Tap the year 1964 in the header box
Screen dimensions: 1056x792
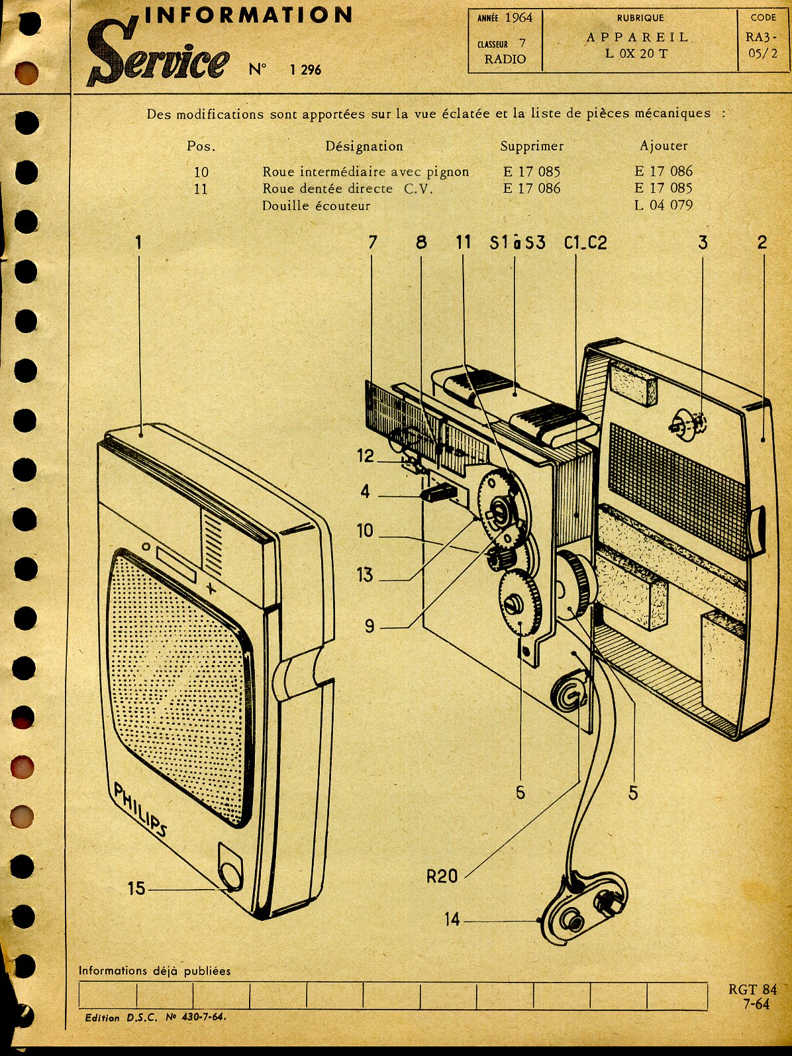(518, 18)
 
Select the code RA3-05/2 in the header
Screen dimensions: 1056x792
(763, 46)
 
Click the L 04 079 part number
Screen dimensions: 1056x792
(663, 205)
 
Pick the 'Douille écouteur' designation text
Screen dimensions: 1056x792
(316, 205)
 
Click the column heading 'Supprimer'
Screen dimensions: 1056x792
(532, 146)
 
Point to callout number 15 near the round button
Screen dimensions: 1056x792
(136, 888)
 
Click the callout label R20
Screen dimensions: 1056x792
(442, 876)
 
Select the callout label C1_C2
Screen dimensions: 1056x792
(585, 242)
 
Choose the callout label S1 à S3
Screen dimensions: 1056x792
(517, 242)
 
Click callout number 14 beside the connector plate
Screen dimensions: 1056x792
(452, 919)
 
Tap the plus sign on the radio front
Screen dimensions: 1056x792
(211, 588)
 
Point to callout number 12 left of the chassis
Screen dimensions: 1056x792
(366, 456)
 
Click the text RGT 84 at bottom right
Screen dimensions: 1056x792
(753, 989)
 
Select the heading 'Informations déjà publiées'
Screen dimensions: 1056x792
(155, 971)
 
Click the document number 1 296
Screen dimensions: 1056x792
(305, 70)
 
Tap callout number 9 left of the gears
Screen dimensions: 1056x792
(370, 625)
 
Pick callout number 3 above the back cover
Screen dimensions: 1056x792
(703, 242)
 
